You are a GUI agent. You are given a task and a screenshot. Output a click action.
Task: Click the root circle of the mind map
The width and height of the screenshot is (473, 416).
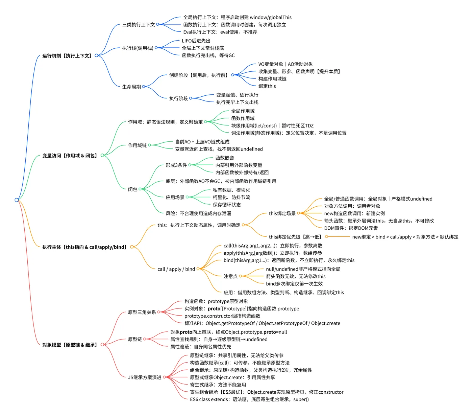(x=17, y=200)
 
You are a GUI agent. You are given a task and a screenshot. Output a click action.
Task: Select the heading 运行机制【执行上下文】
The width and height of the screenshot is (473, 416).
(x=67, y=55)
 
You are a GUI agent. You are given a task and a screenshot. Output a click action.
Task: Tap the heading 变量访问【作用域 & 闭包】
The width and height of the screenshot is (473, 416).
(x=70, y=156)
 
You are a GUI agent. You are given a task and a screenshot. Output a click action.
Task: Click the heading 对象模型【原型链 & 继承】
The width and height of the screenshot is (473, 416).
(x=70, y=345)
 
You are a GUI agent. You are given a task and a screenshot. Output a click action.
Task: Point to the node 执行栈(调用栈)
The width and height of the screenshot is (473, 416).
(x=138, y=48)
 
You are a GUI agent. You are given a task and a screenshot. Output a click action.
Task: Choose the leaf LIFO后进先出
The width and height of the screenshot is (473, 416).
(x=196, y=41)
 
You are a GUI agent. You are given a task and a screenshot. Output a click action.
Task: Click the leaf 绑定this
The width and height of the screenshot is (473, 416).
(x=267, y=86)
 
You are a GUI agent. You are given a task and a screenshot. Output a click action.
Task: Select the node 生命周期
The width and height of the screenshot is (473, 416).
(x=131, y=87)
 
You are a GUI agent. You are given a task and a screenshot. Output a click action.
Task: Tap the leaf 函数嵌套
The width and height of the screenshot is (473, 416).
(x=225, y=158)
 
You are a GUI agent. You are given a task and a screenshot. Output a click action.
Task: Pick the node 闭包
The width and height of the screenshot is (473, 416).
(x=132, y=189)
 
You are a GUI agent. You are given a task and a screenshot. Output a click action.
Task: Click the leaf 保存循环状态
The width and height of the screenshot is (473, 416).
(x=227, y=205)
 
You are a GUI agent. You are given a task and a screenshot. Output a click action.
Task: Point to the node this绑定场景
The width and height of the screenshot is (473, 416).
(x=282, y=213)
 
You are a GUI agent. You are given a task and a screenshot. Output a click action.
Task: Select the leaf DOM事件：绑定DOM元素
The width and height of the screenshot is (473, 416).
(x=351, y=228)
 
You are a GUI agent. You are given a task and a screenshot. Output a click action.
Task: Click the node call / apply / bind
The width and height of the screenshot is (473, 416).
(x=176, y=269)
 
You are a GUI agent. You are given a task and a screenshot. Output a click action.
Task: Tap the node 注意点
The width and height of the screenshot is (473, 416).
(x=231, y=276)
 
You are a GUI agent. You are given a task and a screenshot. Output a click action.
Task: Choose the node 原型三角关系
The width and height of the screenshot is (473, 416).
(x=142, y=312)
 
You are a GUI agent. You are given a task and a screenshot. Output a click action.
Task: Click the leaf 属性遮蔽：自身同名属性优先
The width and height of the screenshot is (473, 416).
(x=201, y=347)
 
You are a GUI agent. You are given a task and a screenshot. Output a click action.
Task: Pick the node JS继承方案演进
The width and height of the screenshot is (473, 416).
(x=145, y=377)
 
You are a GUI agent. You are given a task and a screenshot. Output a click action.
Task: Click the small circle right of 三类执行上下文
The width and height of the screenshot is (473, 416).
(x=157, y=24)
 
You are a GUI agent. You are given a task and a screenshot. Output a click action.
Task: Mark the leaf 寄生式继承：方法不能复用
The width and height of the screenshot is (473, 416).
(x=218, y=385)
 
